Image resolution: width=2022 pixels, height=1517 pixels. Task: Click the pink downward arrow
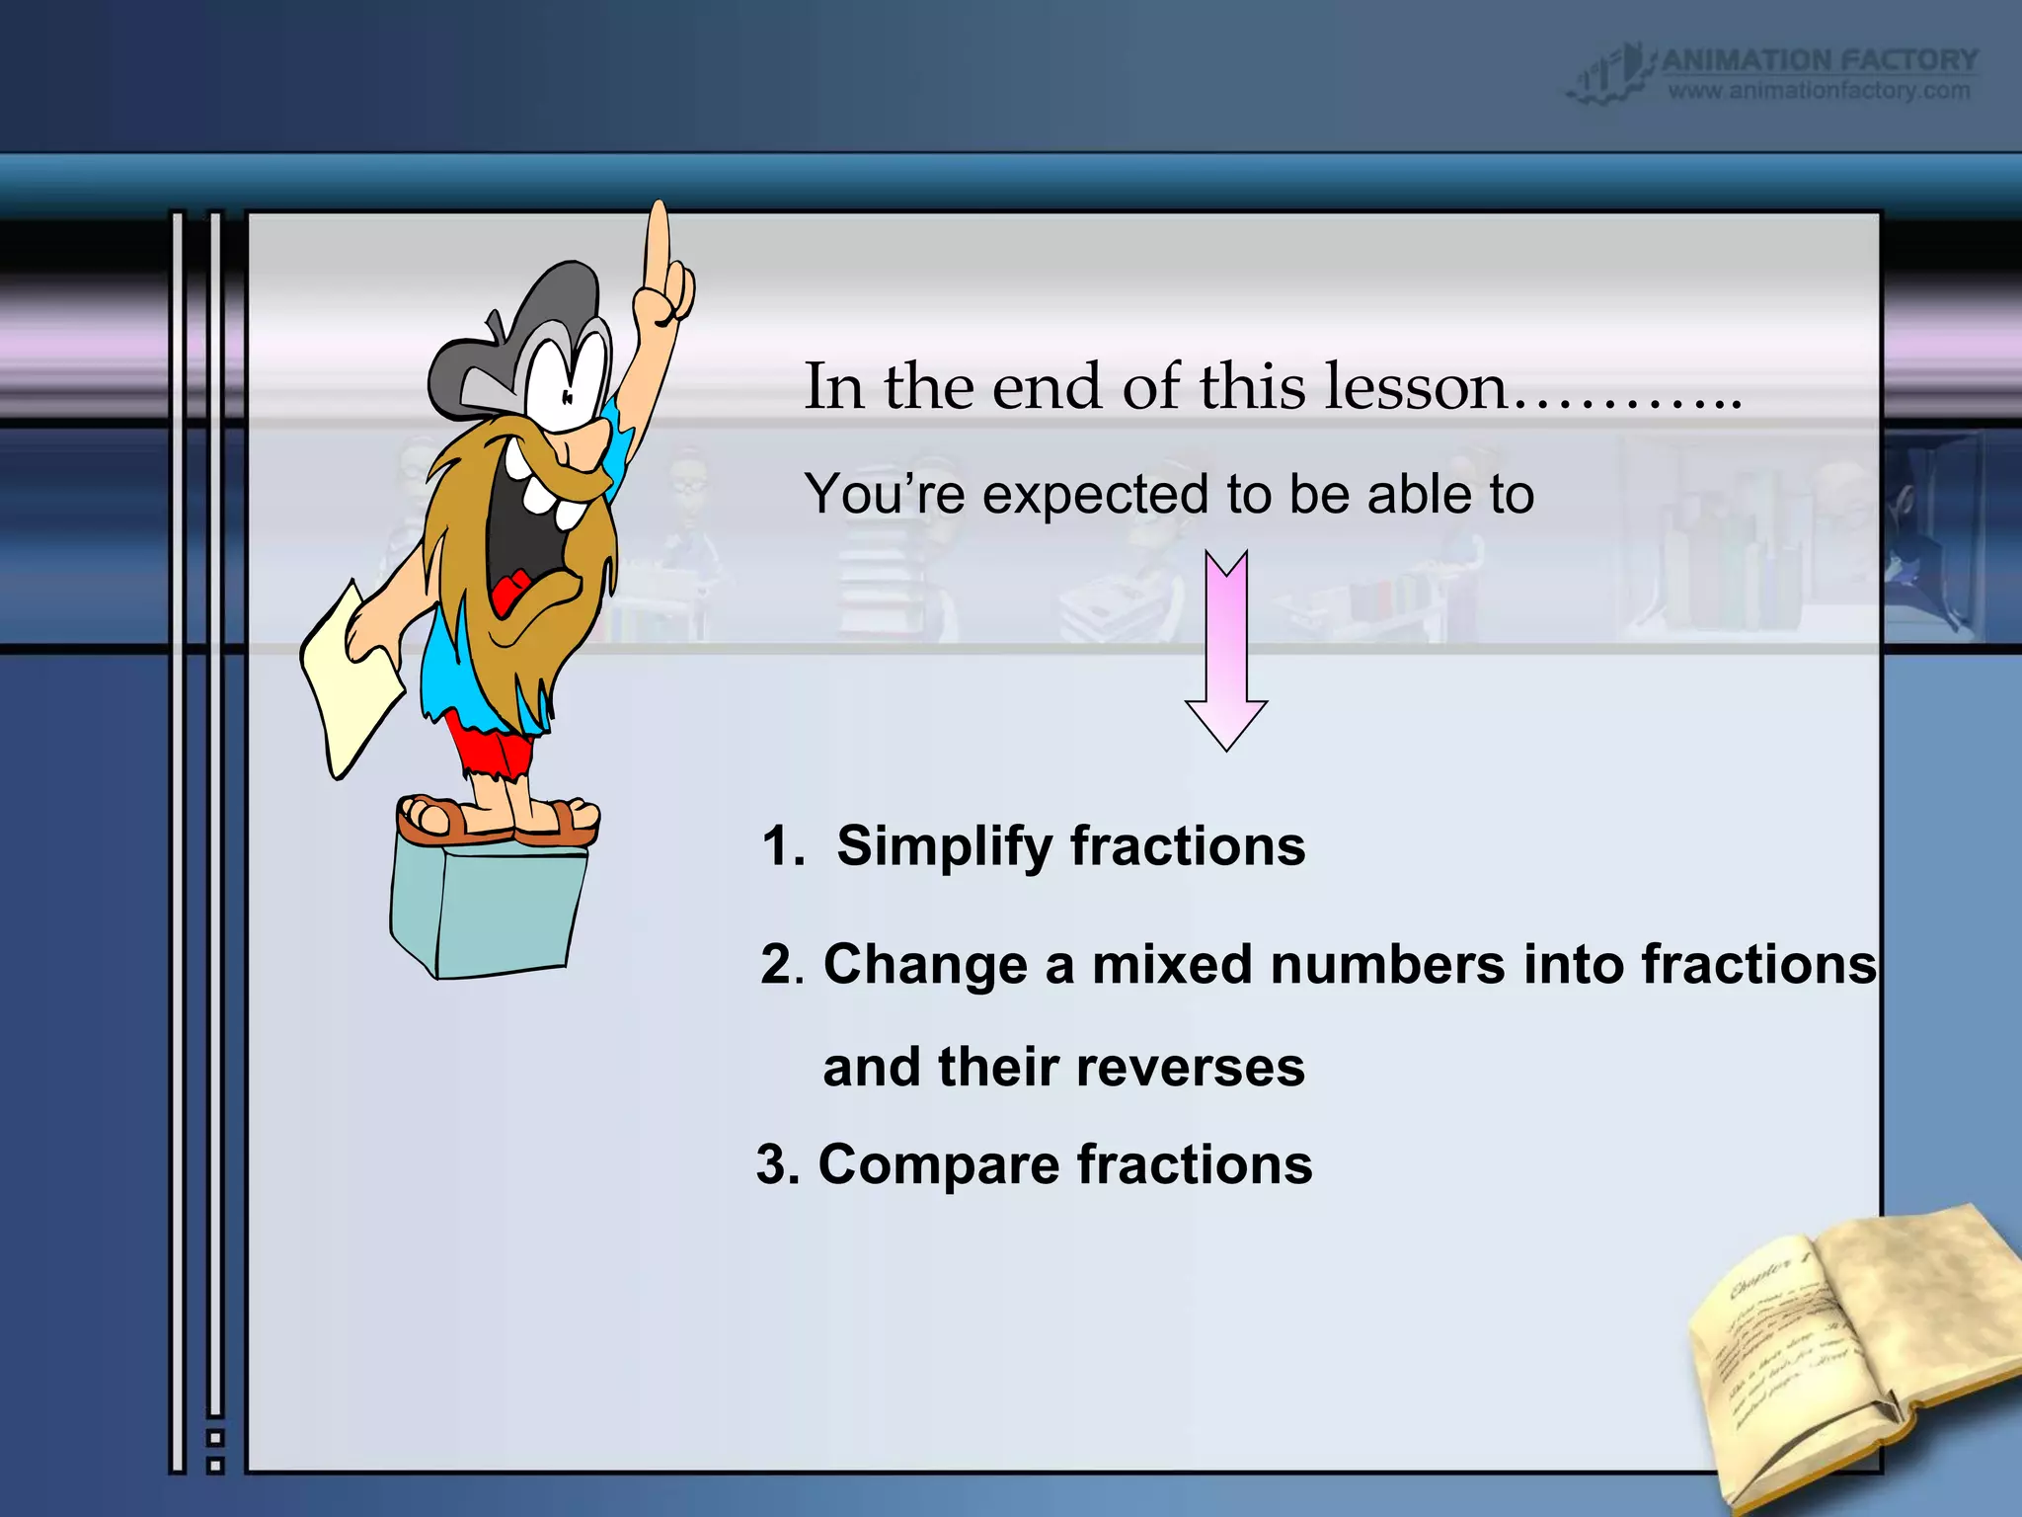[x=1226, y=652]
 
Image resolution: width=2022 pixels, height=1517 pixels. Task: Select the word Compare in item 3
[x=939, y=1164]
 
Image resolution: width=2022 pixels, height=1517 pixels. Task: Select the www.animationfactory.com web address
[x=1819, y=91]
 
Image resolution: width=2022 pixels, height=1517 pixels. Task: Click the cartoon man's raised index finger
[x=658, y=247]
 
